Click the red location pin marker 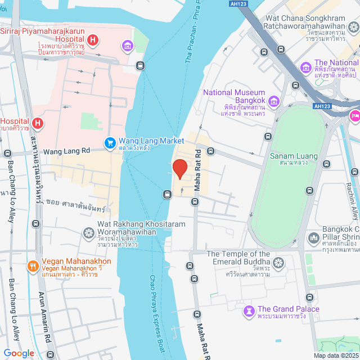click(x=179, y=168)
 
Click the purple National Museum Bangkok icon click(x=274, y=101)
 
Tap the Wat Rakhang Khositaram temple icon click(x=89, y=232)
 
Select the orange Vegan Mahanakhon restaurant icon click(x=33, y=265)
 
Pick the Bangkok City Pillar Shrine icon click(x=314, y=238)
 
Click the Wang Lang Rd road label click(x=67, y=151)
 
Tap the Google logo click(x=18, y=353)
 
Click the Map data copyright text click(x=335, y=355)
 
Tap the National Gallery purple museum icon click(x=307, y=67)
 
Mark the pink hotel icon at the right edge click(x=355, y=115)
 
